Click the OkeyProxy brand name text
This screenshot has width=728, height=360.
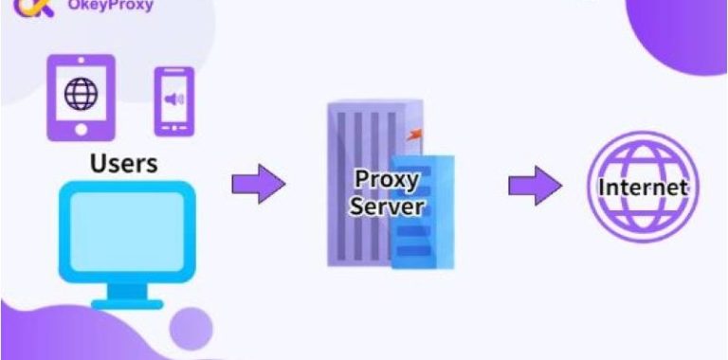point(112,6)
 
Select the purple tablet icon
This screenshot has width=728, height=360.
point(81,99)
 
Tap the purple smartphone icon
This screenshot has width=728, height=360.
point(173,100)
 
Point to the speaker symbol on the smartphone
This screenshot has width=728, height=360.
point(173,99)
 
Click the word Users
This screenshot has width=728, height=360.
point(123,163)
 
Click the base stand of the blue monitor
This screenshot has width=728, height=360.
point(126,303)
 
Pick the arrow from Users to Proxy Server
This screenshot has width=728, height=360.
point(257,183)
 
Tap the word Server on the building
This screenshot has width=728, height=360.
point(383,206)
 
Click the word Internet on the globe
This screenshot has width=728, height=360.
point(641,188)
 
